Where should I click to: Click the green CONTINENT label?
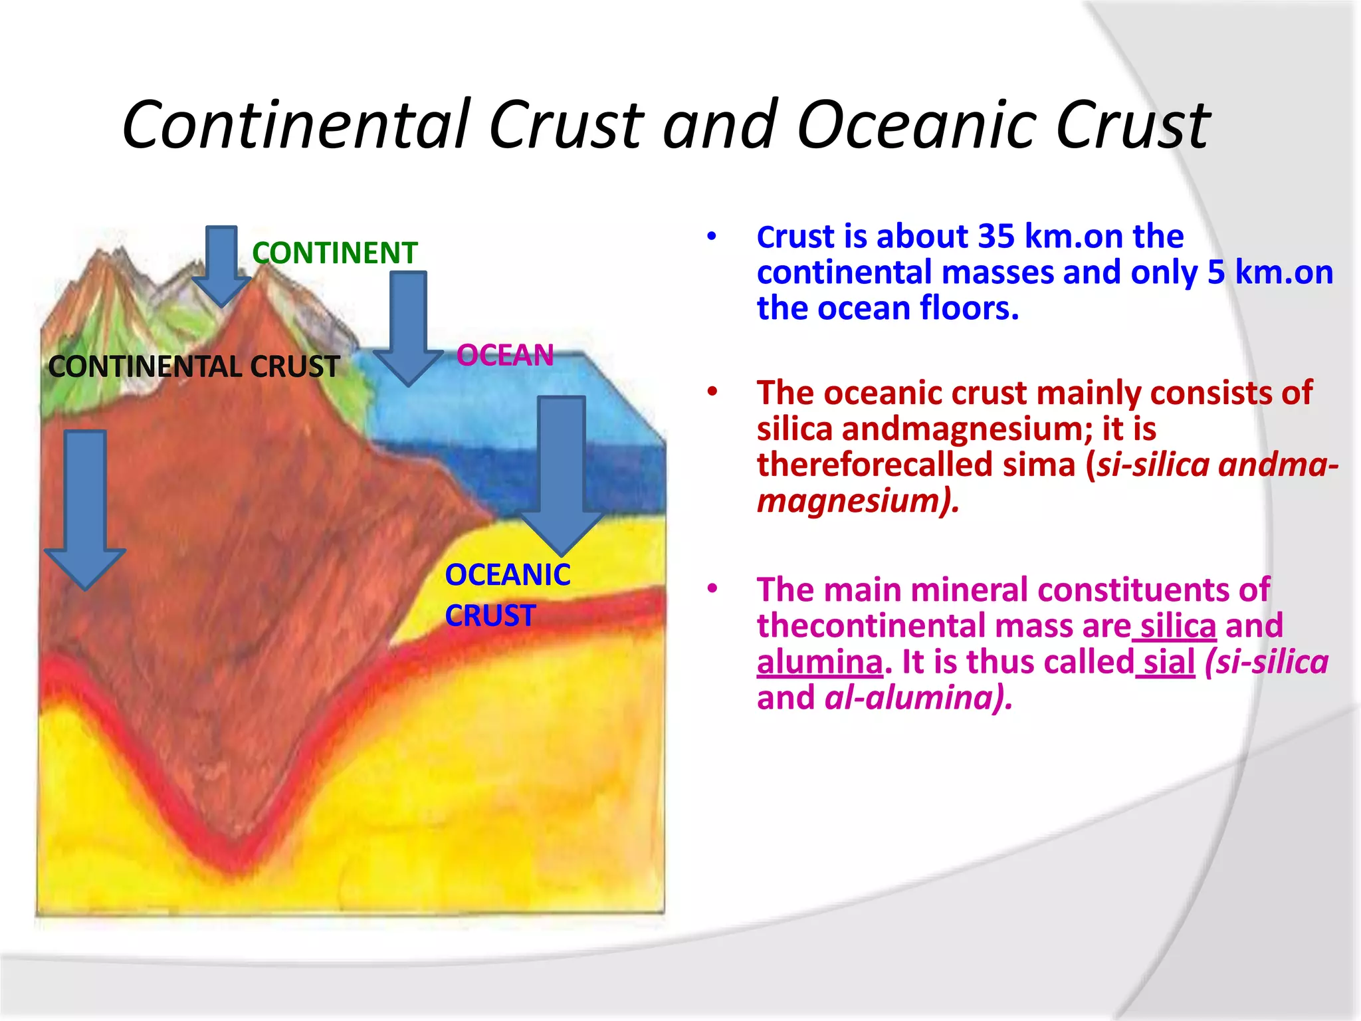(334, 253)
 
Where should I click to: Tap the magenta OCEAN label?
(505, 355)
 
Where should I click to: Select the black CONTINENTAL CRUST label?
(193, 367)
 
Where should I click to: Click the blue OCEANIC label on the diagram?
(507, 575)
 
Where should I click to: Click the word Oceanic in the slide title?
(917, 125)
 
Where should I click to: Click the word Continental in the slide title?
(296, 125)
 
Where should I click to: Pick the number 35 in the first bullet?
(996, 237)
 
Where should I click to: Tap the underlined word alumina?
(819, 663)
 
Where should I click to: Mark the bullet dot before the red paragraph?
(712, 392)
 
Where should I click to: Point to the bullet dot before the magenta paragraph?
(712, 589)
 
